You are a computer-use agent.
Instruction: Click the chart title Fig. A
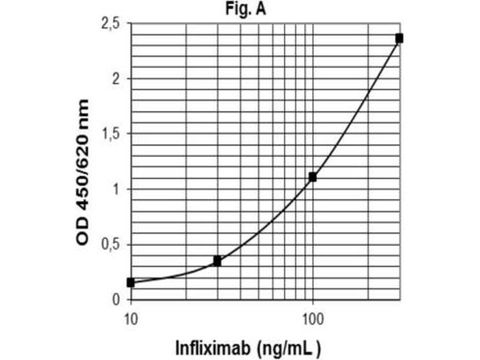point(250,9)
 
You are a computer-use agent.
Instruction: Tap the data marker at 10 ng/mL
point(131,282)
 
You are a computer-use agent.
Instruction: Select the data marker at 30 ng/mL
point(217,261)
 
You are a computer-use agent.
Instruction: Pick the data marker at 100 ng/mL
point(313,176)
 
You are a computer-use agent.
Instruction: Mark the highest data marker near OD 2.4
point(399,38)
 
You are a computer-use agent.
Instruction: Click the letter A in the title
point(263,9)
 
